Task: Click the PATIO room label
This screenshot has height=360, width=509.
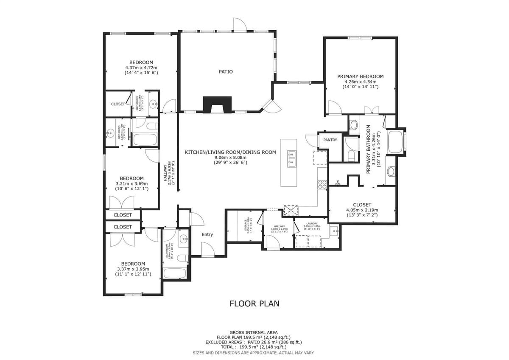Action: tap(226, 72)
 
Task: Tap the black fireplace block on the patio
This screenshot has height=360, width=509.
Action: tap(217, 104)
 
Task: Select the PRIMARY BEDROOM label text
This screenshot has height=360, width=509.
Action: tap(360, 76)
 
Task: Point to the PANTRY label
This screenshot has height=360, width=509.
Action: tap(330, 140)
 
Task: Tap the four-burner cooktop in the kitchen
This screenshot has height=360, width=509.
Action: tap(322, 184)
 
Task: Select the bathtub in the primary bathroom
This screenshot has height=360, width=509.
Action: tap(395, 142)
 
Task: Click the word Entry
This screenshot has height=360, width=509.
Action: tap(207, 234)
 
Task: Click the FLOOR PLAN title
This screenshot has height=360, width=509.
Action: tap(254, 303)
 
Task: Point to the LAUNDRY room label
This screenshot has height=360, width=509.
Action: tap(311, 223)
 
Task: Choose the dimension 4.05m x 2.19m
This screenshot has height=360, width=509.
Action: tap(362, 210)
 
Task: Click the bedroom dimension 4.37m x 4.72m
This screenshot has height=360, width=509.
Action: tap(141, 67)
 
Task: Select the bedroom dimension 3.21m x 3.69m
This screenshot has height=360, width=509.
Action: tap(131, 183)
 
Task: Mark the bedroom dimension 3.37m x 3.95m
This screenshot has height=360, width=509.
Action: tap(133, 269)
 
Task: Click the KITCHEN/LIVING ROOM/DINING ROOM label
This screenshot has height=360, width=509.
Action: tap(230, 152)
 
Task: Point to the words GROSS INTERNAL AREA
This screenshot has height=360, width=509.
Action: tap(254, 332)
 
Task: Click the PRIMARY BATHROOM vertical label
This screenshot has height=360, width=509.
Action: tap(368, 149)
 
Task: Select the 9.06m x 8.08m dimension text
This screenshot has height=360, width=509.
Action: tap(230, 157)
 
